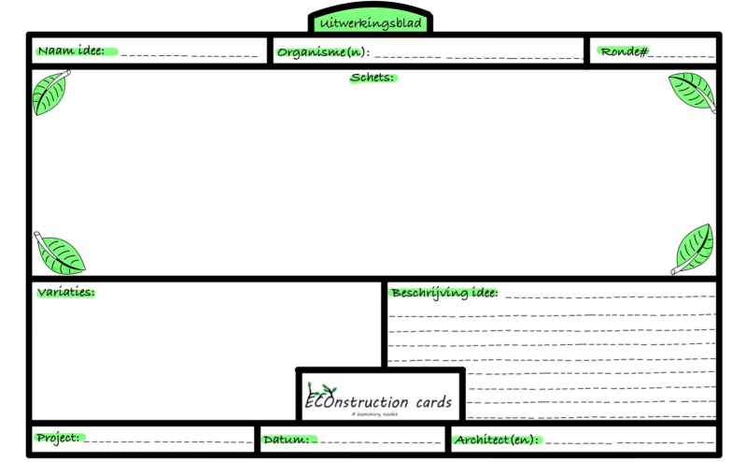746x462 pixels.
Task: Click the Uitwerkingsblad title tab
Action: coord(369,22)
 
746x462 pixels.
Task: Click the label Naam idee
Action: coord(71,51)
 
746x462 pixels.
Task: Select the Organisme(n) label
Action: coord(322,52)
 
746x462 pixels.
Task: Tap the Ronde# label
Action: coord(625,51)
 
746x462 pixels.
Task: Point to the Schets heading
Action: coord(372,78)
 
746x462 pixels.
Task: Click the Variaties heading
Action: coord(65,292)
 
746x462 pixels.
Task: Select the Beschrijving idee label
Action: coord(443,293)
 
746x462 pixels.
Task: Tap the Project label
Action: coord(58,438)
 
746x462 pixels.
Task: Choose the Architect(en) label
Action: coord(496,439)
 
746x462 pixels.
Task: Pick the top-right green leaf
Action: coord(693,92)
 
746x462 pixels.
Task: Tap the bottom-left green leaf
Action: coord(60,253)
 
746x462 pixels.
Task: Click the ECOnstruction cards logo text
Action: coord(378,402)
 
